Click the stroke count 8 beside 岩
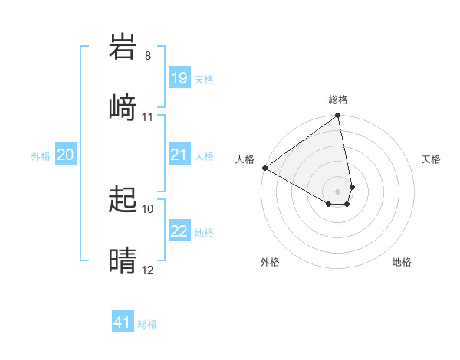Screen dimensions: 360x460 (x=148, y=56)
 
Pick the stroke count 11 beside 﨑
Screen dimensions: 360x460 (x=148, y=117)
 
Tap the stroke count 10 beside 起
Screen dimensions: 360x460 (x=148, y=208)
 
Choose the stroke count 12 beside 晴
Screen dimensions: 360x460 (x=148, y=270)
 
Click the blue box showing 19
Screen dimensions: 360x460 (x=179, y=78)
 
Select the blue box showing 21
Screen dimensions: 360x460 (x=179, y=155)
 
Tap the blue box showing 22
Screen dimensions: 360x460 (x=179, y=231)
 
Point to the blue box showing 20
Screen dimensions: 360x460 (x=66, y=155)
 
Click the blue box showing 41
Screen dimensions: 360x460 (x=123, y=322)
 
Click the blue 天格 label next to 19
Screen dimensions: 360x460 (x=204, y=79)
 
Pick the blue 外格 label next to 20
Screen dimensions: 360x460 (x=41, y=155)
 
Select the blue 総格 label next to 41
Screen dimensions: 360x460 (x=147, y=324)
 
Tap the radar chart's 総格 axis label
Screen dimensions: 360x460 (x=338, y=100)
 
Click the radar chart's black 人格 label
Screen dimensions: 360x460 (x=245, y=159)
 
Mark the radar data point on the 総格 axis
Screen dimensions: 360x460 (x=337, y=116)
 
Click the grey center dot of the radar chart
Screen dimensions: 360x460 (x=337, y=191)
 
